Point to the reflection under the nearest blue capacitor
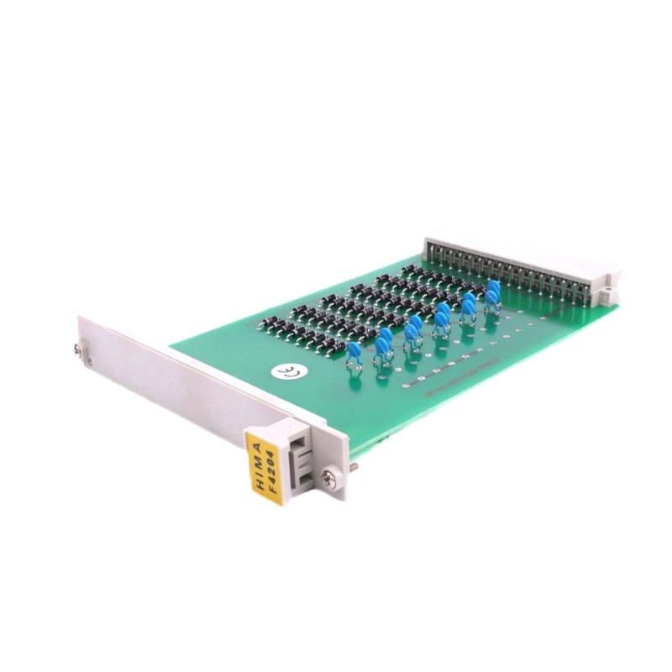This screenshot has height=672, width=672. pyautogui.click(x=355, y=370)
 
